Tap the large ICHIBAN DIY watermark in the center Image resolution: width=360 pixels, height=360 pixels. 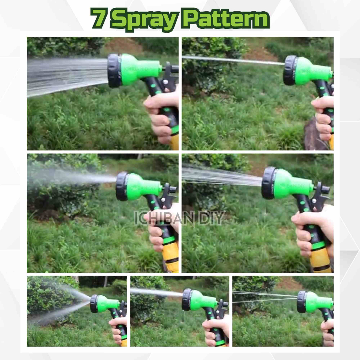(x=179, y=218)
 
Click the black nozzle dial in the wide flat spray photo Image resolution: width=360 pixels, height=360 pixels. (x=114, y=71)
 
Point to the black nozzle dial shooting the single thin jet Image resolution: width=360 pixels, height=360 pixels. (x=290, y=70)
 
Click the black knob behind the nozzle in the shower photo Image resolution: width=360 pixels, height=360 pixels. (x=325, y=190)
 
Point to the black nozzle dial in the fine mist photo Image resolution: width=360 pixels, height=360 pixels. (x=122, y=186)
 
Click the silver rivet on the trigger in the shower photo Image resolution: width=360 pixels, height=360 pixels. (x=313, y=201)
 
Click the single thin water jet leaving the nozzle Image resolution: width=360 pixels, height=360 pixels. (x=233, y=60)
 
